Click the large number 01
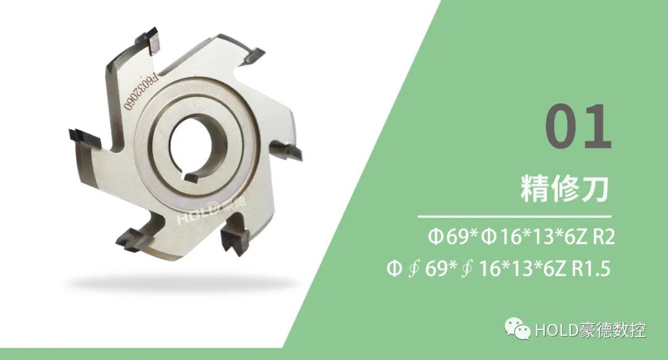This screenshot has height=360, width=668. click(579, 127)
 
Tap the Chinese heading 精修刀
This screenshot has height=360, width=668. click(565, 188)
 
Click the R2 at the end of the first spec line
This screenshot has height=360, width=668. click(604, 237)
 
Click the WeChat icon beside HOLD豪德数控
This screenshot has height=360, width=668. click(517, 328)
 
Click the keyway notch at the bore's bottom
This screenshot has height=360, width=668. click(191, 176)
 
